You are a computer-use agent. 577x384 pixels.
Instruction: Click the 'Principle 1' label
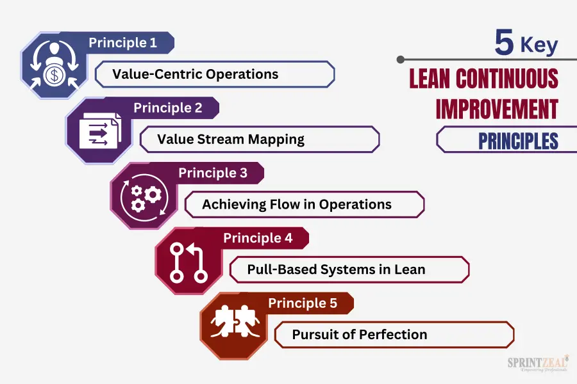[123, 43]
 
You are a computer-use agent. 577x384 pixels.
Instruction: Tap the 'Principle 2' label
[168, 108]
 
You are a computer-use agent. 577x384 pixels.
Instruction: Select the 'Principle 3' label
[213, 173]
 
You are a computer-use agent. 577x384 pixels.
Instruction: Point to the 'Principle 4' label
[258, 237]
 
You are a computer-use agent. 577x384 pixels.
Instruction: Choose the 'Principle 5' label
[303, 303]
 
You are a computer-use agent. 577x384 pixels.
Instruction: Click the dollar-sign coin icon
[54, 76]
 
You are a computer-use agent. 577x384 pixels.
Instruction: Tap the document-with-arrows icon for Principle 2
[100, 131]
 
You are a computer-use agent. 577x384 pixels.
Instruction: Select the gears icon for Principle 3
[144, 197]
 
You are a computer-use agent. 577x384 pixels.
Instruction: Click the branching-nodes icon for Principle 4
[188, 262]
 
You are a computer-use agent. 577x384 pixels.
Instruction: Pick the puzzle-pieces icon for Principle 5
[235, 321]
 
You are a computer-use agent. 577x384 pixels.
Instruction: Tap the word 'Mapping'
[276, 140]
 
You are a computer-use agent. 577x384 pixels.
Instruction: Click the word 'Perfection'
[393, 335]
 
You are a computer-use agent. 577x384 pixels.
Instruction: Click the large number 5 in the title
[504, 42]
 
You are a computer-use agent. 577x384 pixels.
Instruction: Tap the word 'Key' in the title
[539, 45]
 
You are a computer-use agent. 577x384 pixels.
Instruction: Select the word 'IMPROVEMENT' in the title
[497, 109]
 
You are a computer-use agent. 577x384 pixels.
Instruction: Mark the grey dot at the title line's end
[401, 60]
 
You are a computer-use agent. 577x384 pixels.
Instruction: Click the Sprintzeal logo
[538, 364]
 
